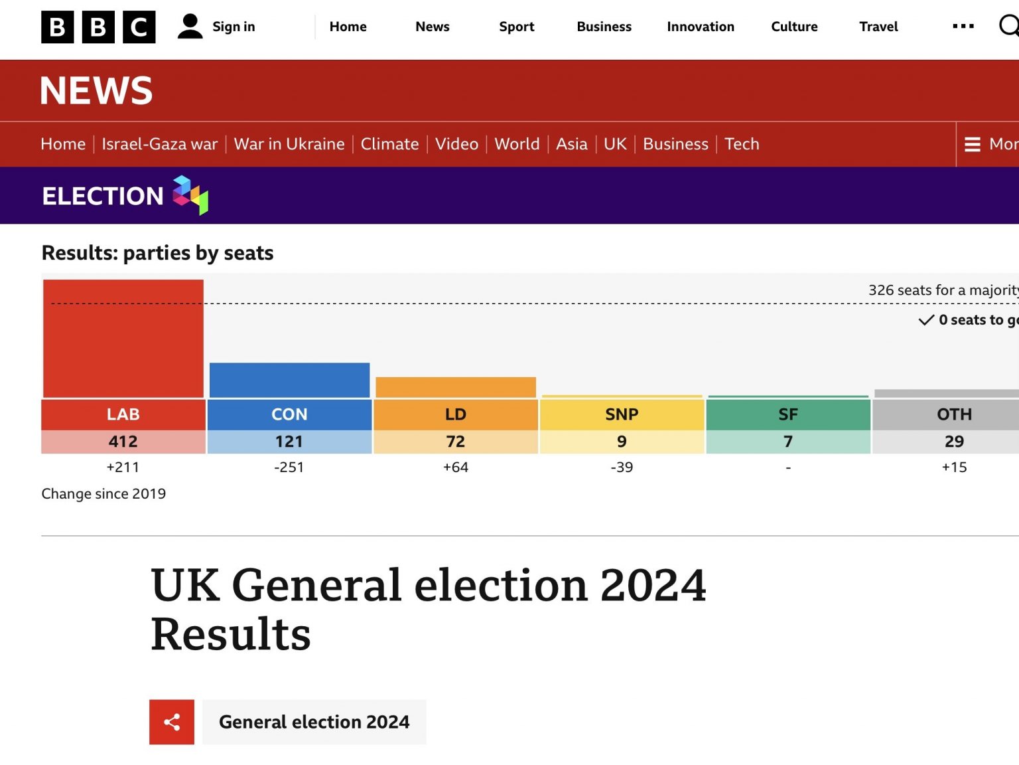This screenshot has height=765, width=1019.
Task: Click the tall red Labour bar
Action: (123, 338)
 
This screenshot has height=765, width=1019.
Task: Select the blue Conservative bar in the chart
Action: (289, 380)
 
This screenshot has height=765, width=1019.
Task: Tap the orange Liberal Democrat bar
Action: (455, 387)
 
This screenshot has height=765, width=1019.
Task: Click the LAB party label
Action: (123, 414)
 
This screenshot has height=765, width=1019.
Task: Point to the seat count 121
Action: (289, 441)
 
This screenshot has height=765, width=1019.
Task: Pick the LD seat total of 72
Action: (455, 441)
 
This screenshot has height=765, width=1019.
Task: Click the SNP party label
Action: (622, 414)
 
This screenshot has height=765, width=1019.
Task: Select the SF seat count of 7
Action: (788, 441)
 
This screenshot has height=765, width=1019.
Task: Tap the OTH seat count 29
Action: (954, 441)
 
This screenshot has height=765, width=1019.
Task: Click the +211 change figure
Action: (123, 467)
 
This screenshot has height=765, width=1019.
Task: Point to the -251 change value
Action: (289, 467)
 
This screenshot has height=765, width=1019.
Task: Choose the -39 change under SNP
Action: (622, 467)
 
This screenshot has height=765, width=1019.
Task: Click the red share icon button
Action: (172, 722)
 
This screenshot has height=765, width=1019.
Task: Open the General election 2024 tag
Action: (314, 722)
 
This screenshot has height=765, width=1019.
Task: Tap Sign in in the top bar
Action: (234, 27)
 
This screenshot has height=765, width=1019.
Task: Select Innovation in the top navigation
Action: (701, 27)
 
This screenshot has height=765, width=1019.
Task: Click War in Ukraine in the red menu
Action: (289, 144)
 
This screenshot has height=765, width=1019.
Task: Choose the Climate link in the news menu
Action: (390, 144)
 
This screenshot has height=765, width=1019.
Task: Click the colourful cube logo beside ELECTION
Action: (190, 195)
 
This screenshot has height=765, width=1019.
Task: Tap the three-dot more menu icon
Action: (963, 27)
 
